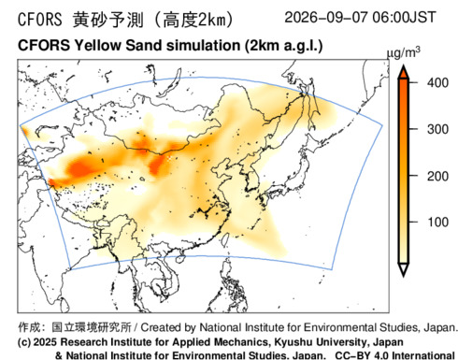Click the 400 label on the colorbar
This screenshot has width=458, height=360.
(x=437, y=82)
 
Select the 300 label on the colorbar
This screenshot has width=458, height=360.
(x=437, y=129)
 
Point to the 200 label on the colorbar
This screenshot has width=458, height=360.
(x=437, y=176)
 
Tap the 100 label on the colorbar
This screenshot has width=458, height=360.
(x=437, y=222)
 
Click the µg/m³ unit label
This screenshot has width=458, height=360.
(x=404, y=53)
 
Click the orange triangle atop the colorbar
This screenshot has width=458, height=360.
(x=404, y=72)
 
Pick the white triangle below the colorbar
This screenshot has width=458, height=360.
(x=404, y=269)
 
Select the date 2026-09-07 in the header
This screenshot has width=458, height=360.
(x=326, y=17)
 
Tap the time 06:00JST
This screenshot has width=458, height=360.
(x=404, y=17)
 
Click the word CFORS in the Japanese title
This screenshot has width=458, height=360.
(x=40, y=20)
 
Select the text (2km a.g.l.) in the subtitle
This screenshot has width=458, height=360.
(x=283, y=46)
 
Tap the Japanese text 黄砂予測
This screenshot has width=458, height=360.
(x=108, y=20)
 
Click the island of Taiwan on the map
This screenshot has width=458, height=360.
(x=226, y=239)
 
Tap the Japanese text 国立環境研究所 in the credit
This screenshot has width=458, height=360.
(x=92, y=327)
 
